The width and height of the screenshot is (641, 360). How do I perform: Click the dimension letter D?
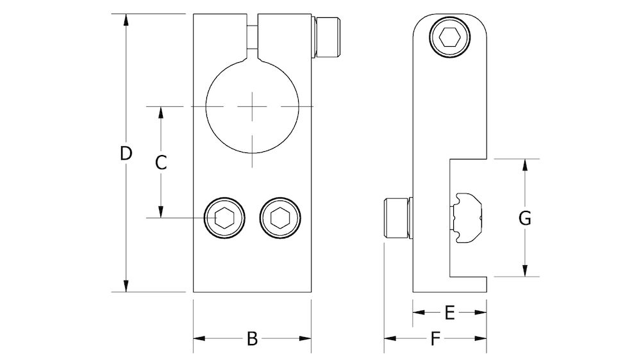pos(126,153)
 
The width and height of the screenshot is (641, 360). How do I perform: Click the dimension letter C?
pos(162,162)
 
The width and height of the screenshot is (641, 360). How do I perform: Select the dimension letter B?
pos(252,338)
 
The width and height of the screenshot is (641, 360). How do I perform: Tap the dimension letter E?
pos(449,313)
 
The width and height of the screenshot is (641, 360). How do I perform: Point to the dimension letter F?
pos(435,339)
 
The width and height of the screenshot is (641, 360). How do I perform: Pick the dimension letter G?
pos(524,218)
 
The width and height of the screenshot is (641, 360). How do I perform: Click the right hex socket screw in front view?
pos(279,218)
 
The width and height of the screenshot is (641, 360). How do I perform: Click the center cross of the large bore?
pos(253,107)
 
